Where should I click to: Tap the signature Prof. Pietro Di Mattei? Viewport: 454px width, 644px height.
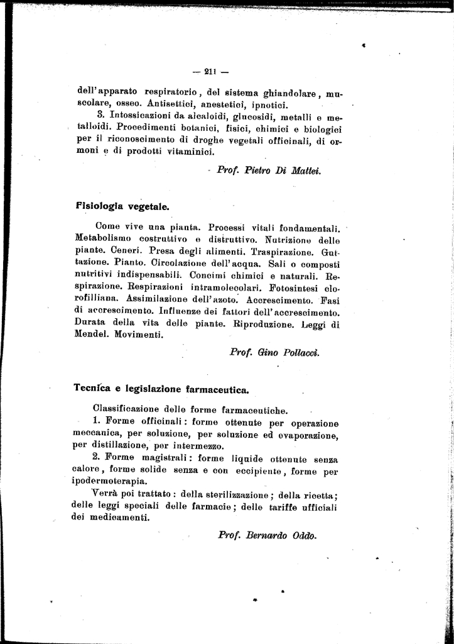click(268, 170)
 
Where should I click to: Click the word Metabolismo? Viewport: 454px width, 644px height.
click(104, 240)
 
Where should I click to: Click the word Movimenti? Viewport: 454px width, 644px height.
click(139, 335)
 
